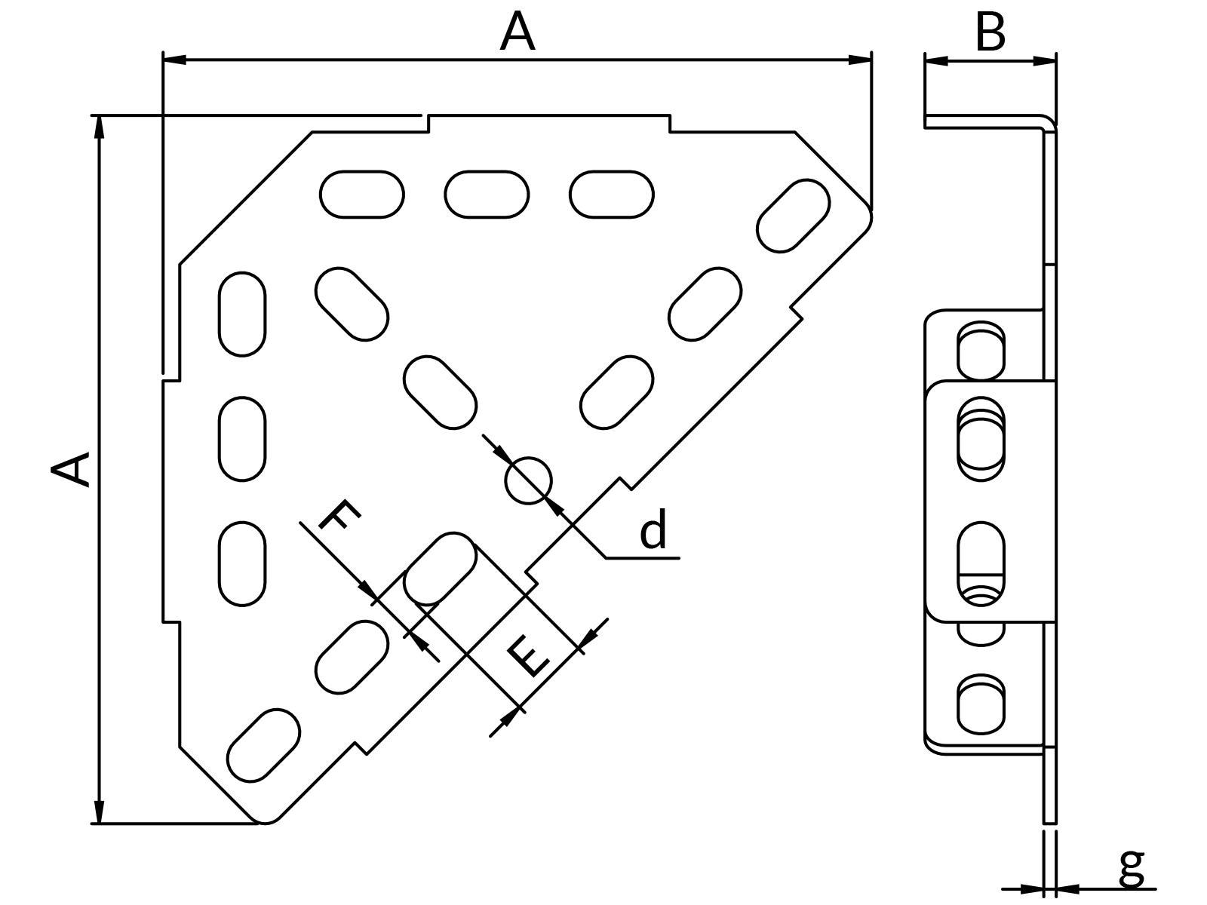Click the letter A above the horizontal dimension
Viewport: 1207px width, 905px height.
(518, 33)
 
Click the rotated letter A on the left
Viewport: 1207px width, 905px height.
(72, 468)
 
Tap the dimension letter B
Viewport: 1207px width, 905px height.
(990, 32)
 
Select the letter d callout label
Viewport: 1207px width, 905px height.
(653, 529)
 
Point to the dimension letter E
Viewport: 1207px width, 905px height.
(529, 656)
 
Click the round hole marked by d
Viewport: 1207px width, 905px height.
(528, 480)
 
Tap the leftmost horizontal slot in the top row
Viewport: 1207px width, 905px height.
(362, 195)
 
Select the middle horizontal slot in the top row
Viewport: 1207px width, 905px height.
(487, 195)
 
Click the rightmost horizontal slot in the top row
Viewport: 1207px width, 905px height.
(611, 195)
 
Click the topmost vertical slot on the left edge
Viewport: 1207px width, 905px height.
(242, 314)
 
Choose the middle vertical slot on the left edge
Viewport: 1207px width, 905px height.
(242, 439)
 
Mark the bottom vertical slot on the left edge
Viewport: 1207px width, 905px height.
(242, 563)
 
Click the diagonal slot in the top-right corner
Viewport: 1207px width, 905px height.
(793, 216)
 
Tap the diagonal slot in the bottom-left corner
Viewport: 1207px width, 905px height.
(263, 745)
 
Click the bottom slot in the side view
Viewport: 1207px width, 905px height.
(981, 704)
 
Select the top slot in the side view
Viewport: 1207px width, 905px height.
(981, 351)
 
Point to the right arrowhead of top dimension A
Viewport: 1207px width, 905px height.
(861, 60)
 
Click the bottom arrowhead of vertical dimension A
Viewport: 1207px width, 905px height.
(99, 812)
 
